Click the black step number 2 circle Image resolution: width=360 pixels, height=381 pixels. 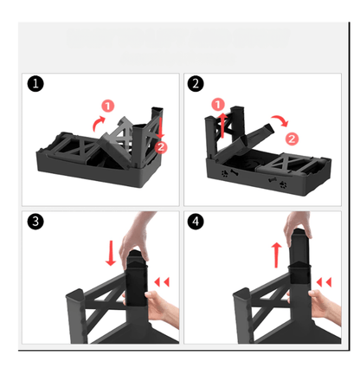(x=196, y=85)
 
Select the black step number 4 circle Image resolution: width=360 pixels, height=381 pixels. (x=196, y=222)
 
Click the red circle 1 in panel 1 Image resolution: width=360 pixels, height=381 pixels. (x=107, y=106)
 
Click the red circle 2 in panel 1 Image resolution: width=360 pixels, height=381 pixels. (x=161, y=146)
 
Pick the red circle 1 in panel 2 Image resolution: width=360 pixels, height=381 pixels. (x=217, y=106)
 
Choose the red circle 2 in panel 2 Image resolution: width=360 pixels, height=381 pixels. (x=292, y=138)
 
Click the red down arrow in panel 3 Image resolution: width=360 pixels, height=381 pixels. (x=111, y=254)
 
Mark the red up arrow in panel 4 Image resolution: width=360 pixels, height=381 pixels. (x=276, y=255)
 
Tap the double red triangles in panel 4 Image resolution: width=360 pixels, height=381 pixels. (x=325, y=281)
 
